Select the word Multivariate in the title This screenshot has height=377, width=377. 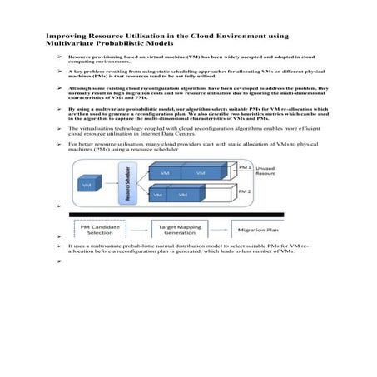pyautogui.click(x=70, y=45)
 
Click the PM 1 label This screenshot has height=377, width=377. pyautogui.click(x=242, y=166)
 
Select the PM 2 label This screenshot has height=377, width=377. pyautogui.click(x=242, y=191)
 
